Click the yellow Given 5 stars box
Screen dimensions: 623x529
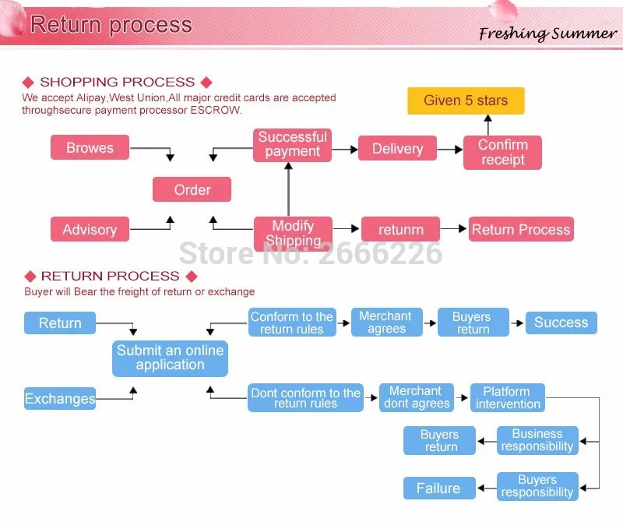click(466, 101)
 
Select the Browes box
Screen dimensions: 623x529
click(90, 147)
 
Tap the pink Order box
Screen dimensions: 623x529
click(192, 189)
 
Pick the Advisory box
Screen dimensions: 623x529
click(90, 229)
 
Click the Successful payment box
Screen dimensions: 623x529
click(293, 145)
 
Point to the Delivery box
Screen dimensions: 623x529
click(397, 148)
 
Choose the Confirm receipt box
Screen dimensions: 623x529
click(502, 152)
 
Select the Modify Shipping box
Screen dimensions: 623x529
click(294, 234)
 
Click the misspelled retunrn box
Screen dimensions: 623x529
click(400, 229)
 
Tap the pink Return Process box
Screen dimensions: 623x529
click(521, 229)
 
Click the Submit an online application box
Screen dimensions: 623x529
click(170, 358)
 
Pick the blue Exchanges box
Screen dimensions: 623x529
click(60, 398)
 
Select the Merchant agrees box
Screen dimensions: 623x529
click(386, 322)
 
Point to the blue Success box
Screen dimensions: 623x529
click(561, 323)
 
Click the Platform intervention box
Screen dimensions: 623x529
click(508, 397)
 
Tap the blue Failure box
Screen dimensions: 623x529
click(439, 488)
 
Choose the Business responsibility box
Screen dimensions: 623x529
click(537, 440)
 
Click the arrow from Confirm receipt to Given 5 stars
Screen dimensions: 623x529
click(488, 125)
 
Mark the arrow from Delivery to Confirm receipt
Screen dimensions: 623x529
click(450, 150)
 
